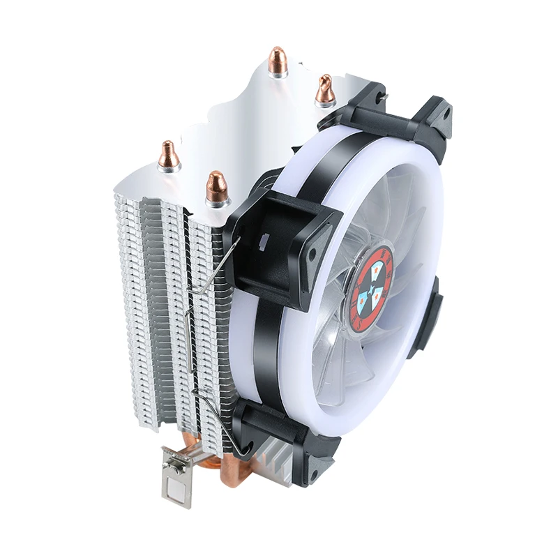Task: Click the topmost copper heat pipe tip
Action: (278, 63)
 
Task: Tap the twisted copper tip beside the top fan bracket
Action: (324, 89)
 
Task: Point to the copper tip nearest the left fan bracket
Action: (217, 186)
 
